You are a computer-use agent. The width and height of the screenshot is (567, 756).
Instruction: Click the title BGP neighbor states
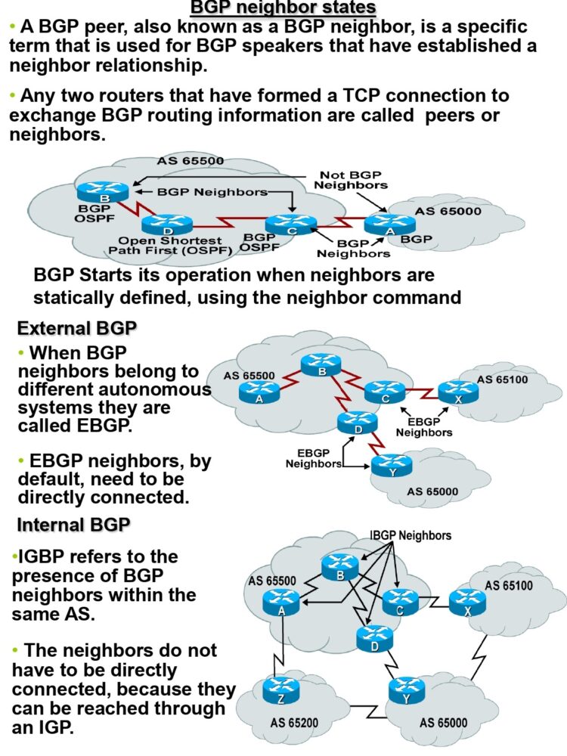tap(283, 8)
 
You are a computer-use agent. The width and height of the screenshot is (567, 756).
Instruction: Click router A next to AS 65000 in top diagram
tap(389, 223)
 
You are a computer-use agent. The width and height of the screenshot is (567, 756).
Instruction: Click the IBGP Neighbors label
tap(411, 536)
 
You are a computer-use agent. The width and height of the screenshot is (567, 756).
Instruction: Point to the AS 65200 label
tap(296, 722)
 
